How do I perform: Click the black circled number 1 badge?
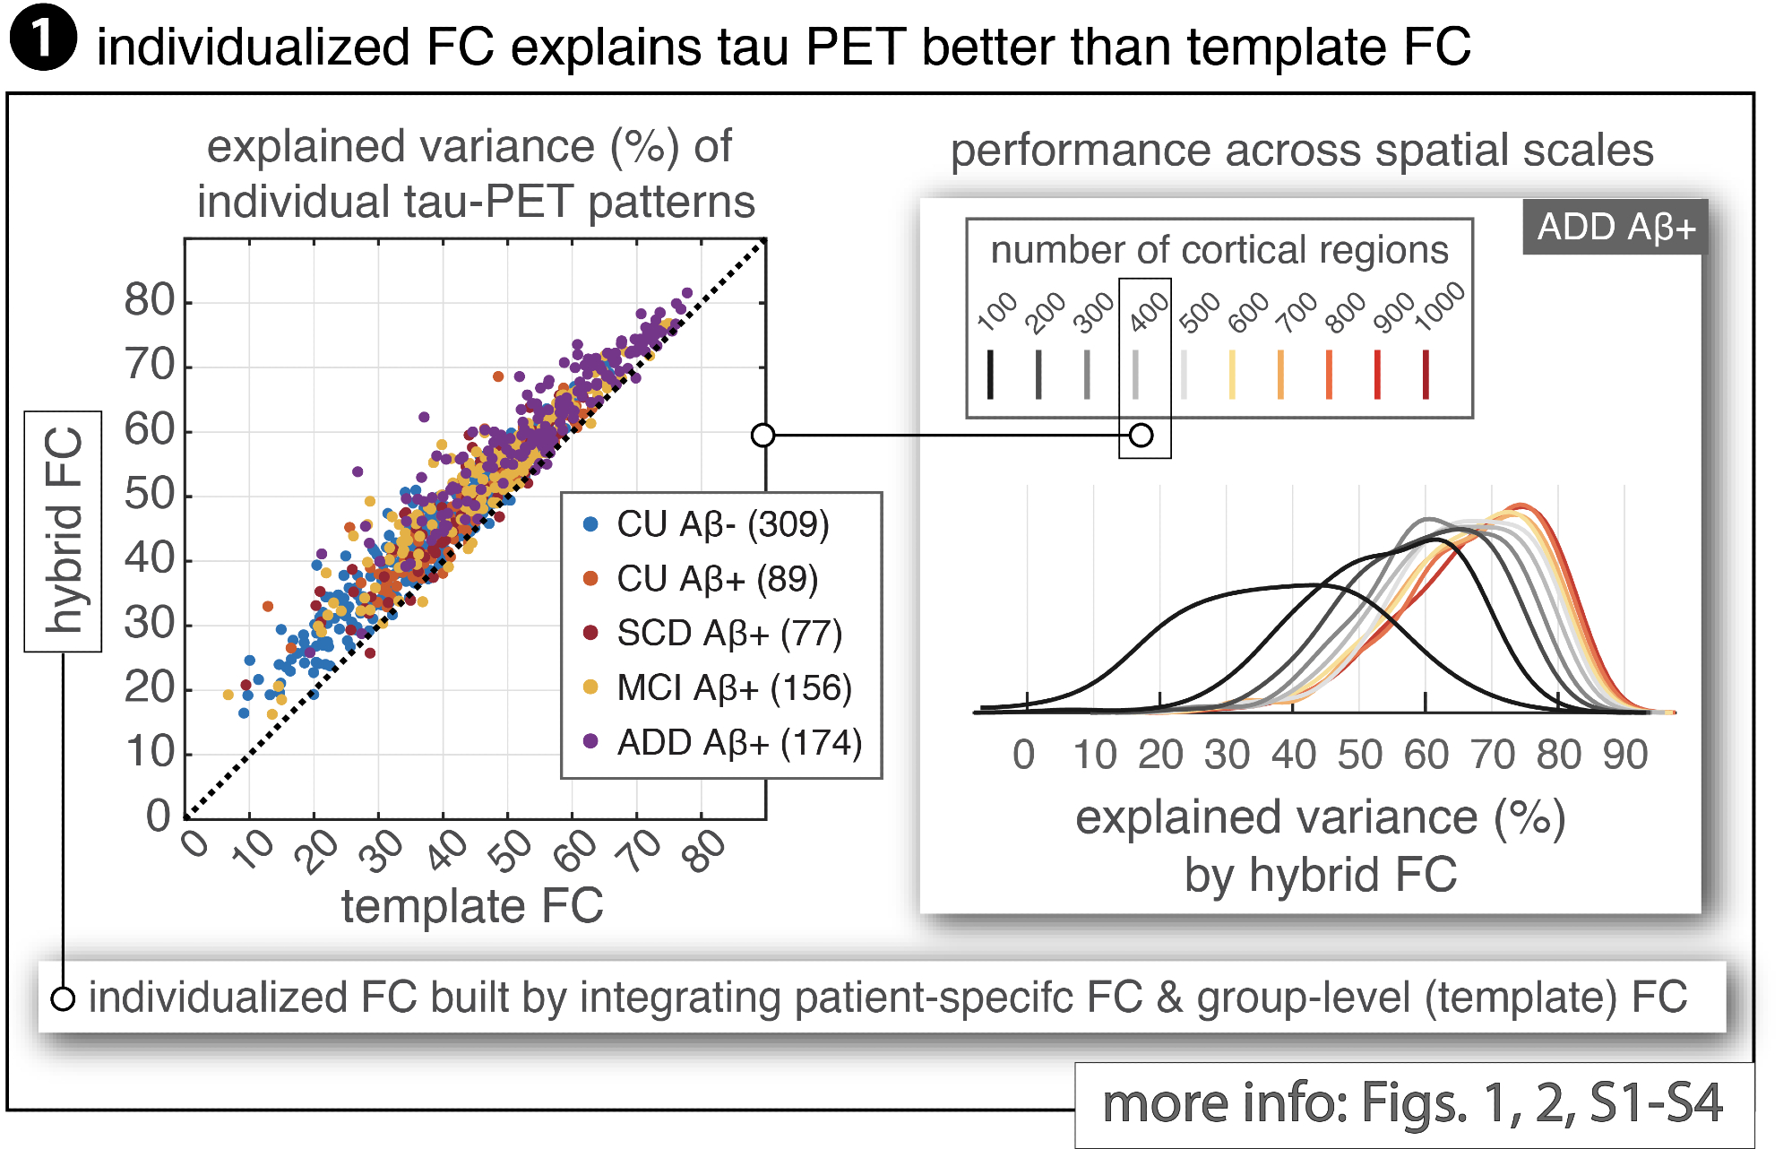pyautogui.click(x=42, y=38)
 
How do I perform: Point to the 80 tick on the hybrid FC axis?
pyautogui.click(x=149, y=300)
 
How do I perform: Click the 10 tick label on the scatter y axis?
pyautogui.click(x=149, y=752)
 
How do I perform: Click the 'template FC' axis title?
pyautogui.click(x=472, y=906)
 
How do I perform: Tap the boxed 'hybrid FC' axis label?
pyautogui.click(x=63, y=531)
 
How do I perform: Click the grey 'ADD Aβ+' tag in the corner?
pyautogui.click(x=1615, y=227)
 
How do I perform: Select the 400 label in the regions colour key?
pyautogui.click(x=1148, y=312)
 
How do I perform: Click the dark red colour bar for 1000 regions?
pyautogui.click(x=1426, y=374)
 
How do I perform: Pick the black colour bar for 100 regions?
pyautogui.click(x=990, y=374)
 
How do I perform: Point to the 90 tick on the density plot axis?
pyautogui.click(x=1625, y=755)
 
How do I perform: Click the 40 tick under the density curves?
pyautogui.click(x=1293, y=755)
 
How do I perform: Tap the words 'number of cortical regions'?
pyautogui.click(x=1219, y=250)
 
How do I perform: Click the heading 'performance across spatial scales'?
pyautogui.click(x=1301, y=151)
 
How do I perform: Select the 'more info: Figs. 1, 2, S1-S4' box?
pyautogui.click(x=1413, y=1103)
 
